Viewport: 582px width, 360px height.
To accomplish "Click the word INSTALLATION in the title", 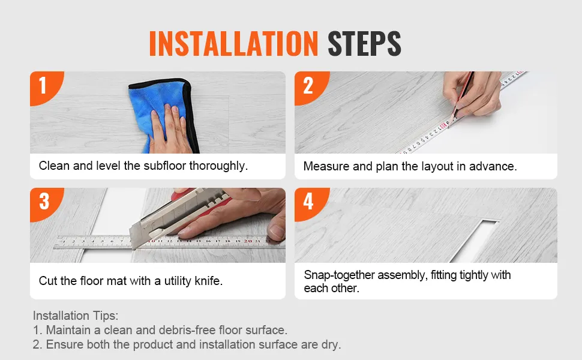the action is coord(233,44).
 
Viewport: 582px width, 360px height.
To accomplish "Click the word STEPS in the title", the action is coord(364,44).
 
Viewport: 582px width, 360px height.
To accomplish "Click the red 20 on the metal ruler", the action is coord(248,241).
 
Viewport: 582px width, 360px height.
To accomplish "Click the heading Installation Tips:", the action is coord(76,316).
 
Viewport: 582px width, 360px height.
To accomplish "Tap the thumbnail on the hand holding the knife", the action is coord(277,230).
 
